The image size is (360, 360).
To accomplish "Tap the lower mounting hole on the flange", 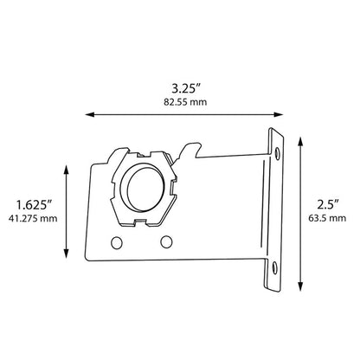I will [x=276, y=269].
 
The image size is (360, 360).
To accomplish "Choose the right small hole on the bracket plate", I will [x=166, y=239].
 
